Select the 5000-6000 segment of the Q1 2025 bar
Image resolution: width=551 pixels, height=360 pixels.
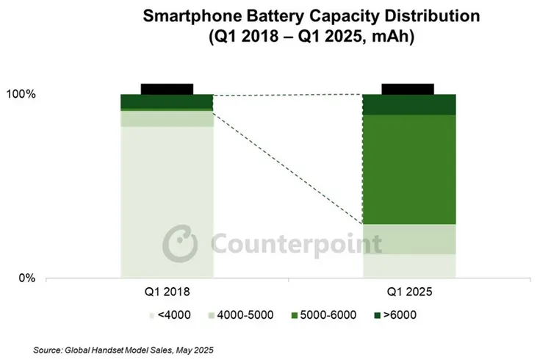click(409, 169)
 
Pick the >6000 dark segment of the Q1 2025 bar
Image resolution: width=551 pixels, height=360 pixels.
click(409, 104)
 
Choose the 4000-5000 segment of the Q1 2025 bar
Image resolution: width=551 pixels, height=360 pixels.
click(409, 239)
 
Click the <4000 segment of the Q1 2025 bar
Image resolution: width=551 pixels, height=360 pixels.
click(409, 266)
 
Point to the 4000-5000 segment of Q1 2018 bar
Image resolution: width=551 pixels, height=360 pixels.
click(167, 118)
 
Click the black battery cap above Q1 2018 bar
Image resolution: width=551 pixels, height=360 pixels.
click(167, 88)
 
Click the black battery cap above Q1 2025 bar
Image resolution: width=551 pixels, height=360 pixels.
click(409, 88)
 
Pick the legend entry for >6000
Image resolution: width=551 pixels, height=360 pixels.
click(400, 315)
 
